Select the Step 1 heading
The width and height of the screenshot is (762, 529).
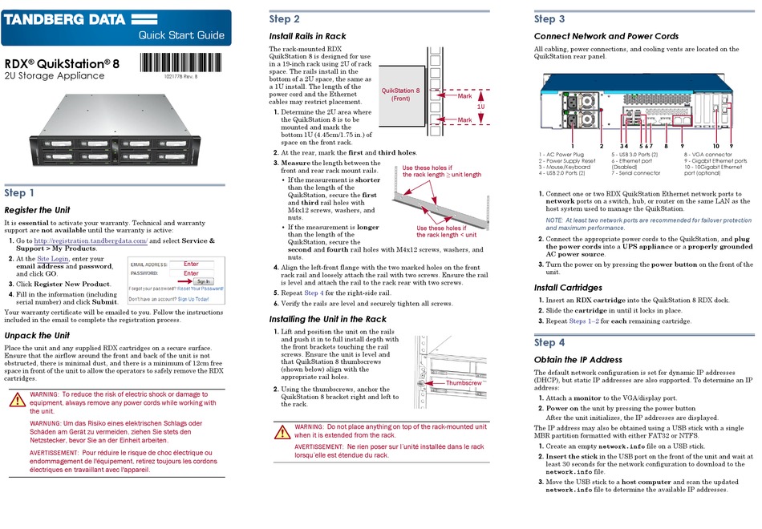pyautogui.click(x=20, y=192)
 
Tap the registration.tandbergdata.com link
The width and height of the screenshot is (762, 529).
pyautogui.click(x=90, y=240)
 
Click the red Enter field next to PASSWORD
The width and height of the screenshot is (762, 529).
pyautogui.click(x=191, y=273)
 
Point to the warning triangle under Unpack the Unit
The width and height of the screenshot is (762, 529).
pyautogui.click(x=16, y=401)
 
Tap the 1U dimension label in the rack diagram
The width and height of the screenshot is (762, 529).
pyautogui.click(x=480, y=106)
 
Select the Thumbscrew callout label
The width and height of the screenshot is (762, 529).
pyautogui.click(x=464, y=383)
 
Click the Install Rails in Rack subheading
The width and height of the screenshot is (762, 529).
pyautogui.click(x=307, y=36)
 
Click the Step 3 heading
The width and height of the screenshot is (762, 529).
pyautogui.click(x=549, y=19)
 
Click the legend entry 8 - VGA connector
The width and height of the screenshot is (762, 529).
pyautogui.click(x=707, y=153)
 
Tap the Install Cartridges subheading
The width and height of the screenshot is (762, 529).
pyautogui.click(x=567, y=288)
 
